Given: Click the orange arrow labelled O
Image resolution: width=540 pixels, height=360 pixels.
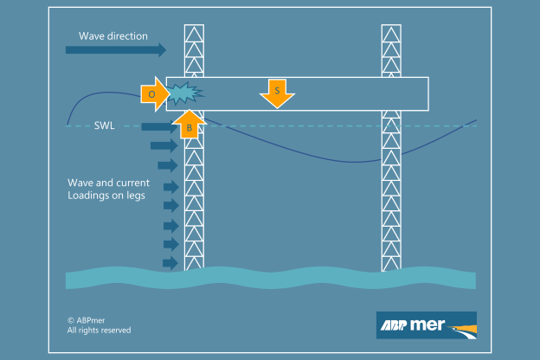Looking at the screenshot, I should point(153,93).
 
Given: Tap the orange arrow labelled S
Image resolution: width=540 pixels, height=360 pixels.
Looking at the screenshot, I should point(277,93).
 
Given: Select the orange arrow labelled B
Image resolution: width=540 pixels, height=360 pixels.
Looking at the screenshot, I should point(189,125).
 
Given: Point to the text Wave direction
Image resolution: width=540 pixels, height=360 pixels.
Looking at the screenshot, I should point(113,36).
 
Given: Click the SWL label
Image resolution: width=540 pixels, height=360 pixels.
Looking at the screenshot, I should point(104,126).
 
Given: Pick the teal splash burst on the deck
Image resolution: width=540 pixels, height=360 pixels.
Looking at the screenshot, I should point(183,91).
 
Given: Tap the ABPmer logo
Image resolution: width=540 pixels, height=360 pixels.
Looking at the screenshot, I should point(426,326).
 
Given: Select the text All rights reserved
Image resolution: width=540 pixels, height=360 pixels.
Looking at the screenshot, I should point(100,331).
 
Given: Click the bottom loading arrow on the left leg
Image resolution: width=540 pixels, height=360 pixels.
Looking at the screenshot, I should point(170,262).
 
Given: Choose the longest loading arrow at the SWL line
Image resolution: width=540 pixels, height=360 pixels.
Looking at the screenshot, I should point(159,127).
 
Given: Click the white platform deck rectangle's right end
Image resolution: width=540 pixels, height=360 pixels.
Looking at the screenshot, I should point(424,94).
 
